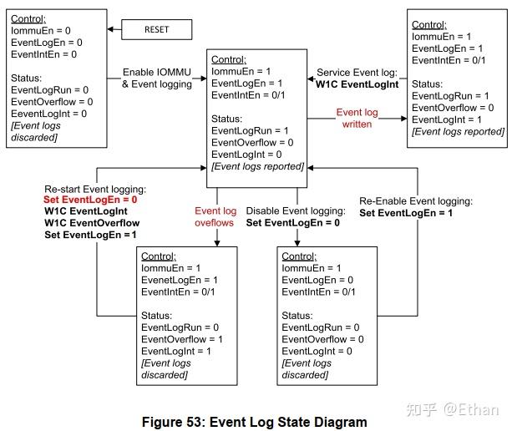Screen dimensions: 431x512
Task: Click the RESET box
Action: tap(156, 29)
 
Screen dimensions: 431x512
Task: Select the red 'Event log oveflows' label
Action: tap(215, 217)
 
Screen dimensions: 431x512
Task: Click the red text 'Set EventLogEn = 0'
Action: tap(90, 200)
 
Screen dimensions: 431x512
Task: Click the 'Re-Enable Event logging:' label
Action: tap(416, 201)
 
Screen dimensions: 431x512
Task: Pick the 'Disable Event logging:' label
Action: tap(296, 211)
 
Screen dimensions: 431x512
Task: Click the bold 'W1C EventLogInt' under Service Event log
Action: tap(357, 84)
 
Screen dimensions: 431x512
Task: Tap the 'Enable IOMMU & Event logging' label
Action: tap(157, 78)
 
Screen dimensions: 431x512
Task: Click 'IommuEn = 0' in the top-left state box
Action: tap(41, 30)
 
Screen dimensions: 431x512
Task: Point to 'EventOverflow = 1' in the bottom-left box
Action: tap(181, 339)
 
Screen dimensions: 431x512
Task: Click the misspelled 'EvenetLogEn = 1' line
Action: tap(180, 280)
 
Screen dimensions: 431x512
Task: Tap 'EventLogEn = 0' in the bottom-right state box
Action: tap(320, 280)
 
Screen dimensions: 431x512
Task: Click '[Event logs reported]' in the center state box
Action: tap(256, 166)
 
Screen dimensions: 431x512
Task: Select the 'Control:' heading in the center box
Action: tap(229, 59)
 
